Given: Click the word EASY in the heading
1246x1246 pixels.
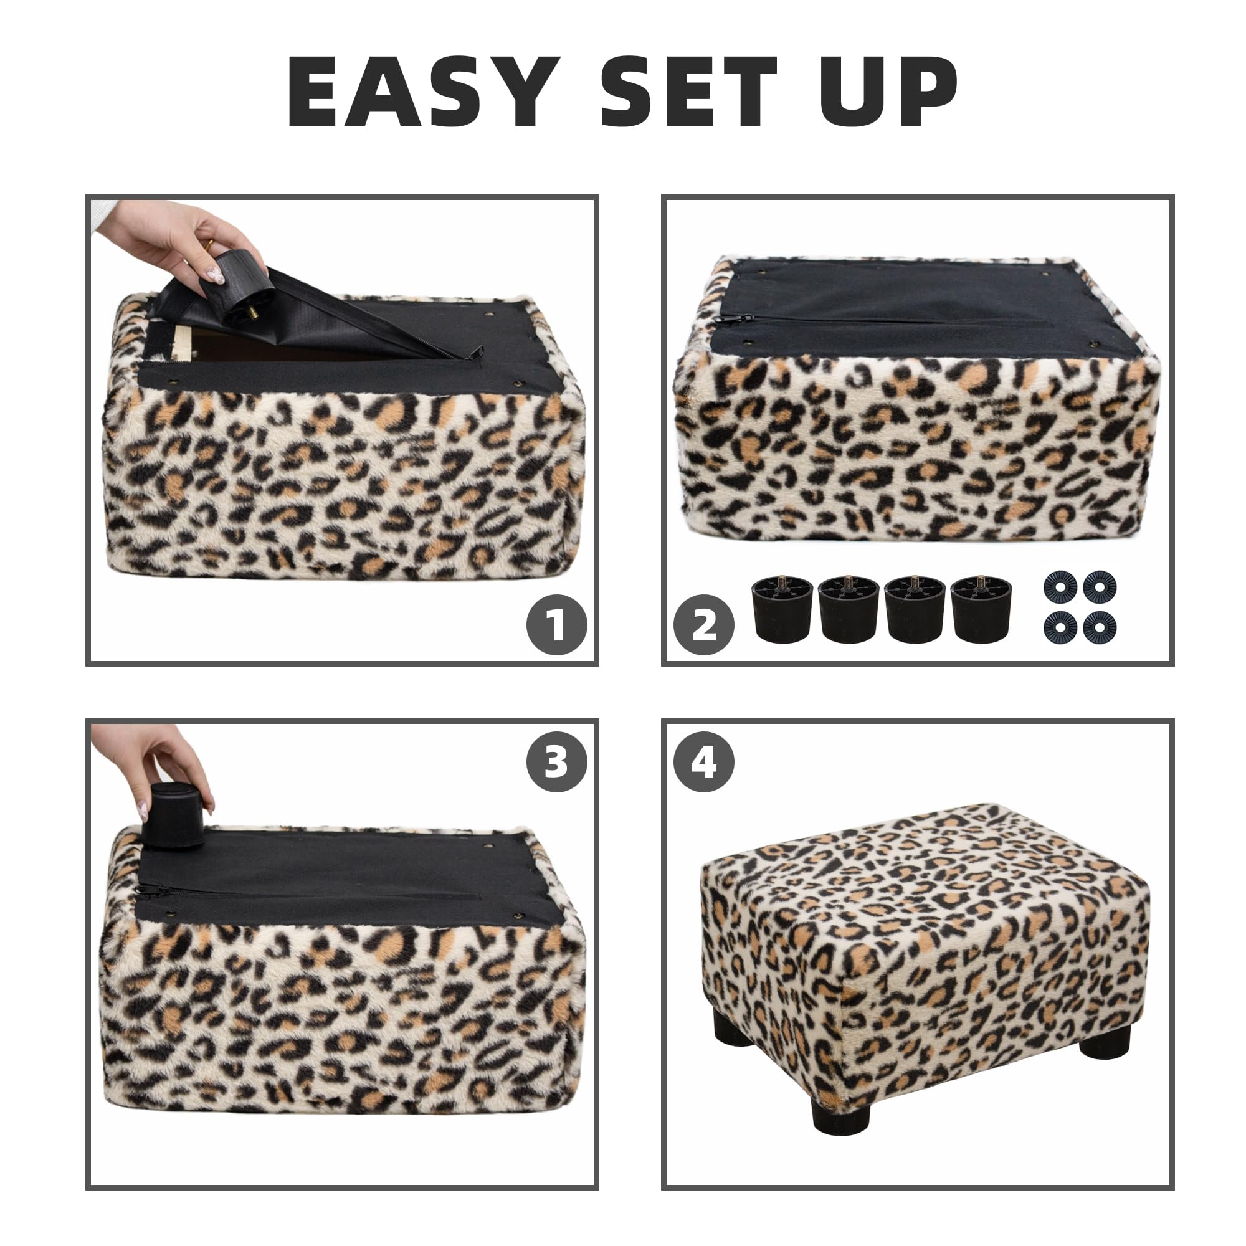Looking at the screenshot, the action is (423, 92).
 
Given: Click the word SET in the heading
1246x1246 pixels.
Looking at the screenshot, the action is (689, 92).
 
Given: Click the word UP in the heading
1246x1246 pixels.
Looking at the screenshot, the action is (888, 92).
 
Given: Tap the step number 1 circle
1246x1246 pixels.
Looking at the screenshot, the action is (556, 624).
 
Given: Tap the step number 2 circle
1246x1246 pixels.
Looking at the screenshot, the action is (703, 624).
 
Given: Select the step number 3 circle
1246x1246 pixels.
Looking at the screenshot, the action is (556, 762).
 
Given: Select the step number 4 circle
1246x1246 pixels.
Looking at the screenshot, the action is (703, 762).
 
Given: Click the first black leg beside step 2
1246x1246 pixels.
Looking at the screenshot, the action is (782, 609).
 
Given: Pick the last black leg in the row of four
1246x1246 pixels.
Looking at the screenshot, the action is (981, 609).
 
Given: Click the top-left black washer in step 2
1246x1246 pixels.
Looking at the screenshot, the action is (1060, 587).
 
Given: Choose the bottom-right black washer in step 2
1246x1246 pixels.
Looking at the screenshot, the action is (1100, 627).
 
